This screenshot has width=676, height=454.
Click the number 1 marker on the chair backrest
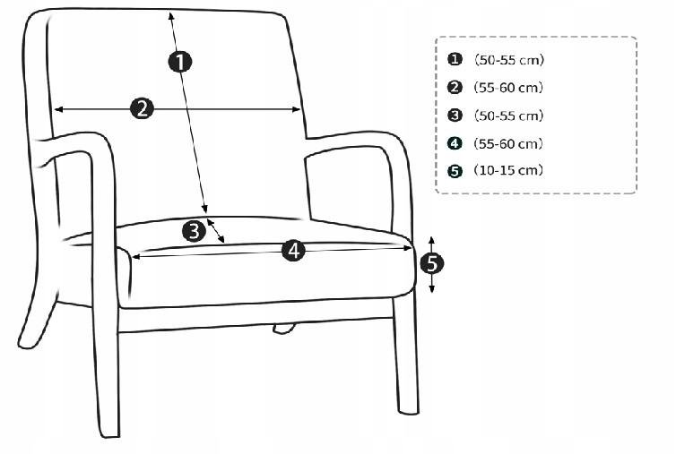180,62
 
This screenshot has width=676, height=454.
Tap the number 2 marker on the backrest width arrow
142,108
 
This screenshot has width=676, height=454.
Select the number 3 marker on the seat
194,231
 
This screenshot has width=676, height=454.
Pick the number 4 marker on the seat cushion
293,250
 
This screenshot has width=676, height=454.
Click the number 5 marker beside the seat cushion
431,263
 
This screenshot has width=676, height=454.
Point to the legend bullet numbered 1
455,59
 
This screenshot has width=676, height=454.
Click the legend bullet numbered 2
455,88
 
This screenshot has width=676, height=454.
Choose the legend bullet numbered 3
455,116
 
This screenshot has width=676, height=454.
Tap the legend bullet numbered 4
455,143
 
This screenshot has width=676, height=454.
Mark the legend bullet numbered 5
455,171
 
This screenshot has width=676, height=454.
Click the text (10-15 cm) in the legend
508,170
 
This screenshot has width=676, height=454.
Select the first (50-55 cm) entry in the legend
509,59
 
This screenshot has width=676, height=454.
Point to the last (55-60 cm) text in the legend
508,143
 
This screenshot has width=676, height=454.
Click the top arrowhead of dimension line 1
170,15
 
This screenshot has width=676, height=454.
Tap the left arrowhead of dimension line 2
58,109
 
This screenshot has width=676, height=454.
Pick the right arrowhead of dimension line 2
296,109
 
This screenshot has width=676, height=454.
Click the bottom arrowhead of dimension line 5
432,290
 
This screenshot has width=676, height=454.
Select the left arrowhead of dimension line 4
135,257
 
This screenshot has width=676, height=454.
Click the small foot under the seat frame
284,329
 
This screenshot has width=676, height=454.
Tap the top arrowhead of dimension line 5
431,240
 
